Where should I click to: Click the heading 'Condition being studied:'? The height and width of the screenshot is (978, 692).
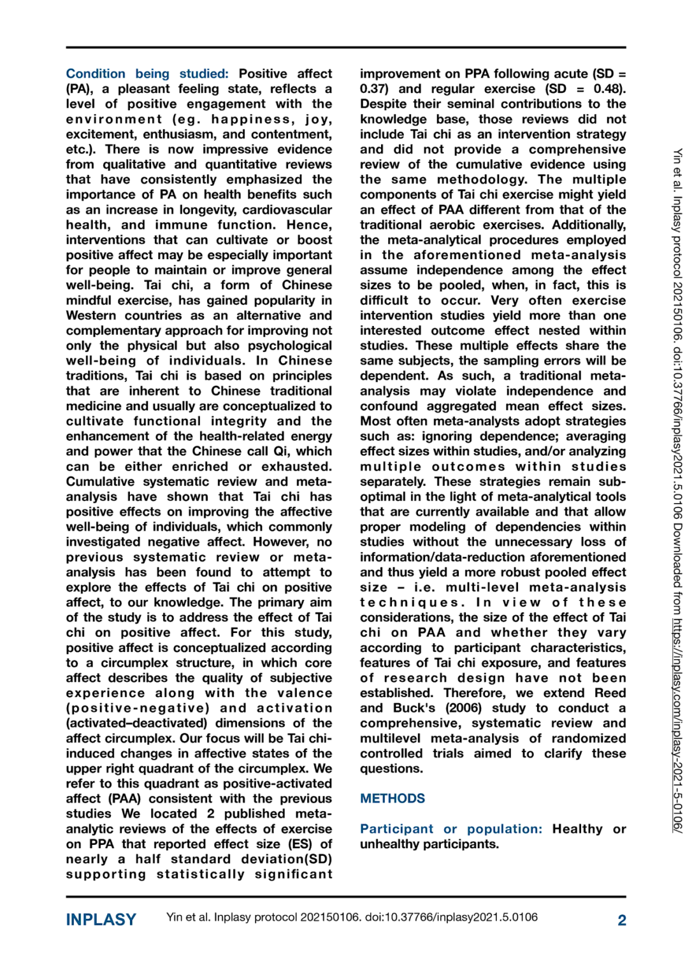(x=147, y=74)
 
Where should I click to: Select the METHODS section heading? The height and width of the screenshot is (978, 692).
(x=393, y=798)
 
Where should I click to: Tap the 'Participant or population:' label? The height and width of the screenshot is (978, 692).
(x=451, y=829)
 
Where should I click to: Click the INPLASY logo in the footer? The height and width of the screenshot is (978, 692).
(x=101, y=920)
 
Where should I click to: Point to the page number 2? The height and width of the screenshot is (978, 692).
(x=622, y=920)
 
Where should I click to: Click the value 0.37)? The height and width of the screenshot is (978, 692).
(x=376, y=89)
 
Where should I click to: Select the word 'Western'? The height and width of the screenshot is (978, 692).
(x=90, y=316)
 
